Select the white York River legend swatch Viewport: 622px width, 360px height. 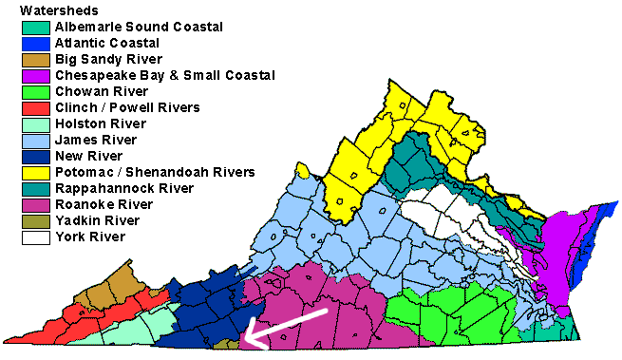(x=35, y=237)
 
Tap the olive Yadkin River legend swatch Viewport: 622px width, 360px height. (x=35, y=220)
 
